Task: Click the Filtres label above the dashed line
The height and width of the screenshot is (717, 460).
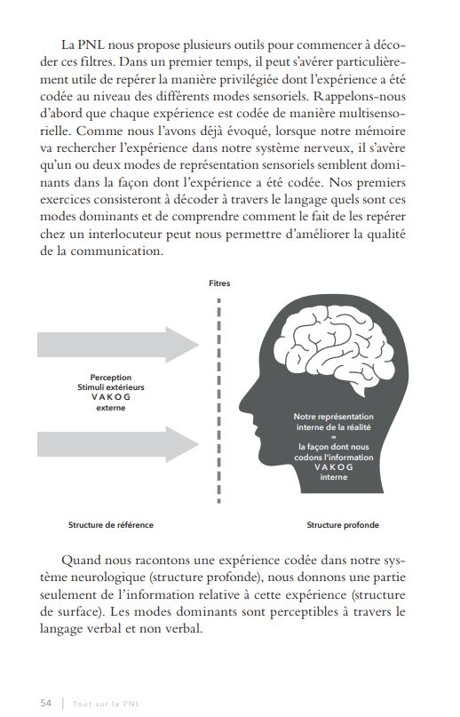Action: [x=218, y=283]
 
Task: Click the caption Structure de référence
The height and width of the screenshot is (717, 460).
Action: [x=110, y=525]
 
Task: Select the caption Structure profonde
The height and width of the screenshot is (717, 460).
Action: [x=343, y=525]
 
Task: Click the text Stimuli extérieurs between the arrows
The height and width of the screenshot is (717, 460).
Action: [x=111, y=388]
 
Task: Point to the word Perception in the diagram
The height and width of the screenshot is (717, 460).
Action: [x=111, y=378]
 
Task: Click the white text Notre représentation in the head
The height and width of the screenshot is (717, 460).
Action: [x=334, y=417]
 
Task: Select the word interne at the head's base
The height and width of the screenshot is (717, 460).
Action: [x=334, y=477]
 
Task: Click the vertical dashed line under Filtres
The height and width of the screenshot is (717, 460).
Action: [x=218, y=409]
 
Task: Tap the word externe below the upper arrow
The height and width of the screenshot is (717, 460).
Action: [x=111, y=409]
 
